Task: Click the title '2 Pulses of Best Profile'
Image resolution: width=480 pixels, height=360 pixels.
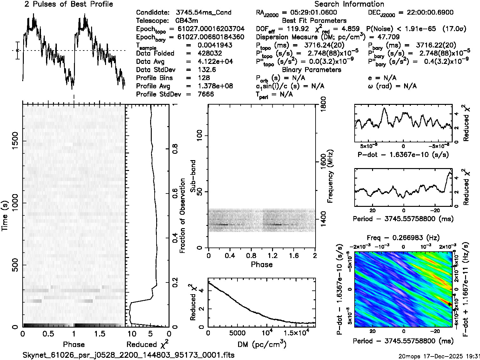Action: click(x=69, y=4)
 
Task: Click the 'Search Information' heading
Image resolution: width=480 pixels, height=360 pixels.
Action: click(x=349, y=4)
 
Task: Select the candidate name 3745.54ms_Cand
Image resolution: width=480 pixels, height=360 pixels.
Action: click(x=203, y=13)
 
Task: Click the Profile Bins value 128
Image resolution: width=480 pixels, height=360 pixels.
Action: click(x=203, y=78)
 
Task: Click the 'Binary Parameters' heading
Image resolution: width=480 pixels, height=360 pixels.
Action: click(x=311, y=70)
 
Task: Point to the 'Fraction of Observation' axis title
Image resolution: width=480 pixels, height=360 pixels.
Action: click(x=183, y=216)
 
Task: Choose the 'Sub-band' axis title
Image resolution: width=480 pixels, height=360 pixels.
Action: click(x=193, y=176)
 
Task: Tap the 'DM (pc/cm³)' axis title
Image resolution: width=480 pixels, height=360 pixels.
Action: click(x=261, y=344)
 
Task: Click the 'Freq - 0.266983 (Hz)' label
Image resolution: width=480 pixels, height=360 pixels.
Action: click(x=403, y=238)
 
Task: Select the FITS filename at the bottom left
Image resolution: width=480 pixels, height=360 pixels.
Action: click(x=129, y=355)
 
